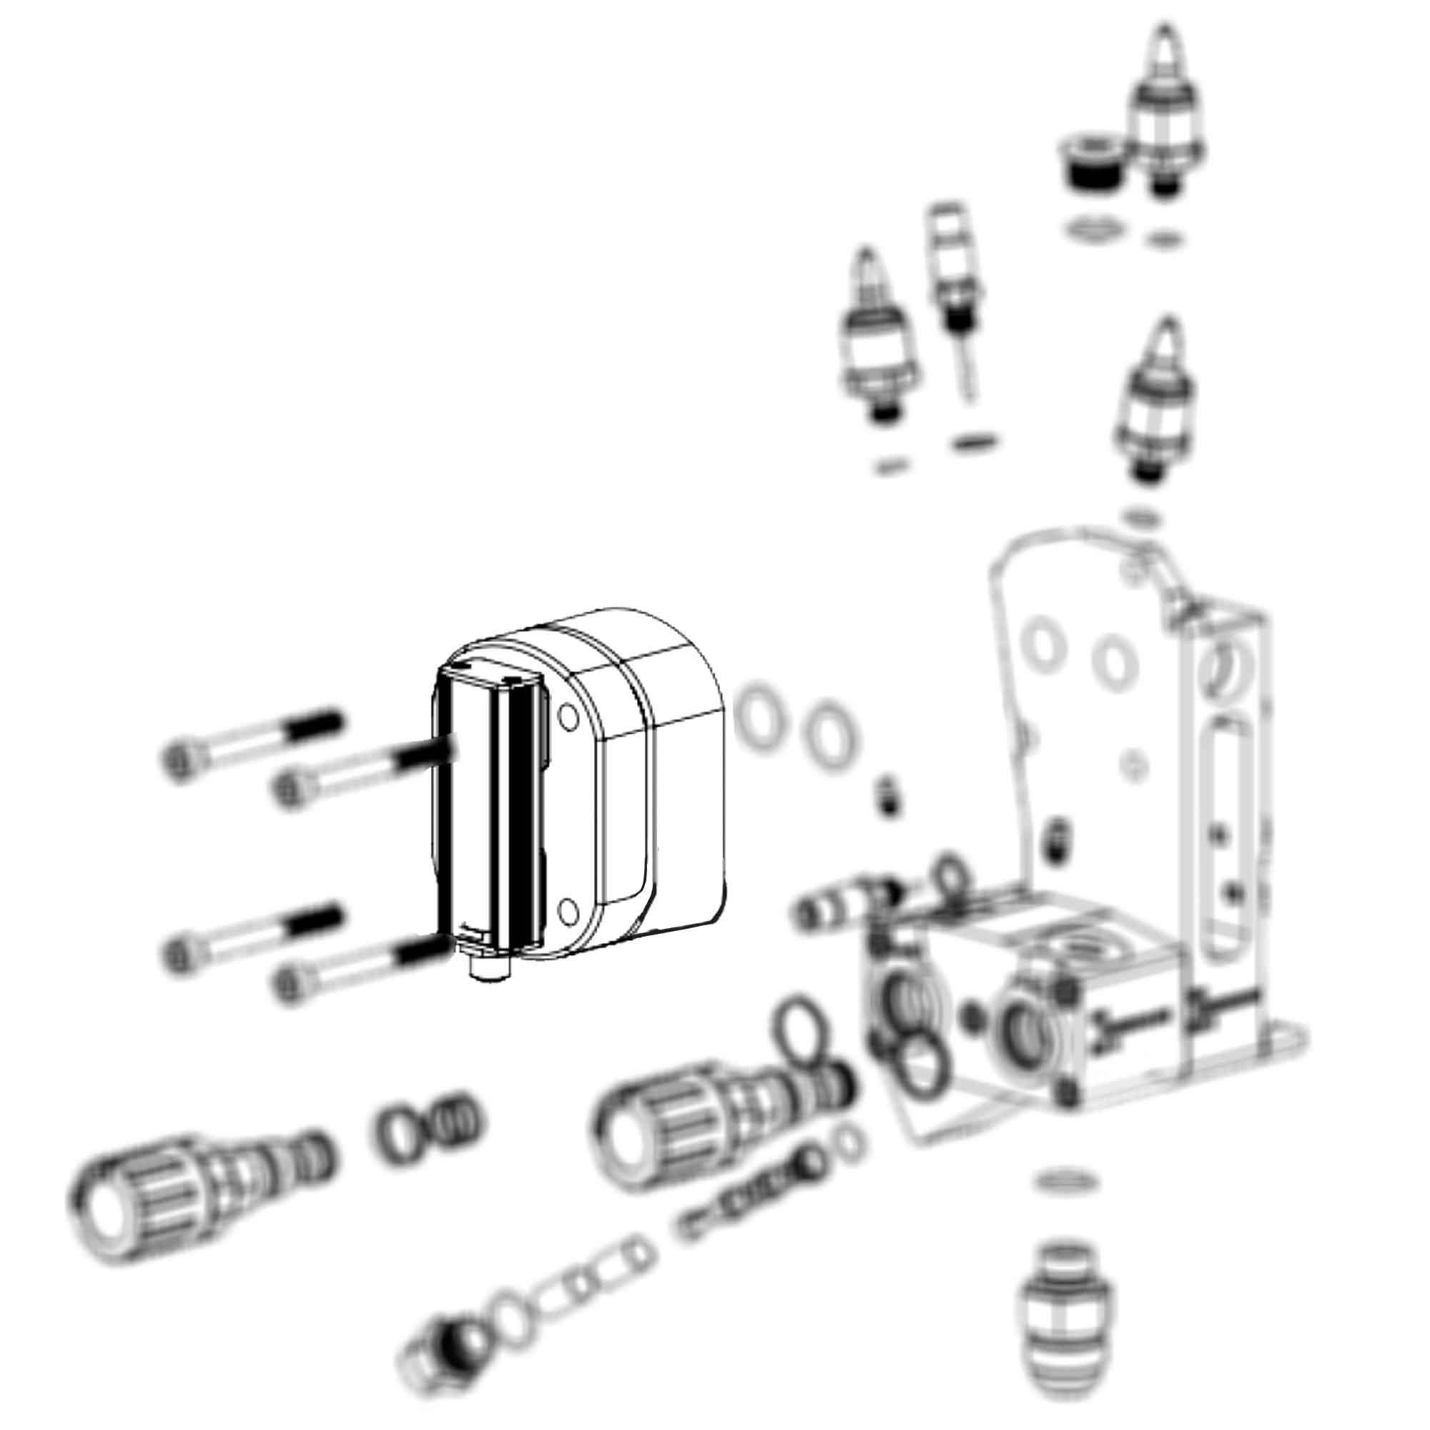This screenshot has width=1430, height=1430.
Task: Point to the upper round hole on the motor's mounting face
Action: pyautogui.click(x=568, y=716)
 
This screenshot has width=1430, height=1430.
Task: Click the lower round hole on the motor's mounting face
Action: pyautogui.click(x=568, y=909)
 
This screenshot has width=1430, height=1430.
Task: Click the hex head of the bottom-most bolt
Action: pyautogui.click(x=290, y=984)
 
